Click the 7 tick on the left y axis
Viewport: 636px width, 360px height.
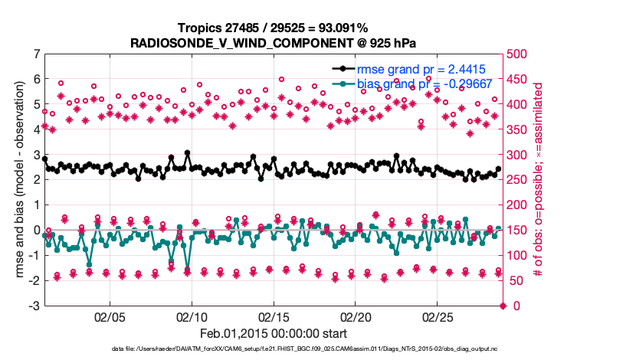coord(36,54)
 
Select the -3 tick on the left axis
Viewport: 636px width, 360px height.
coord(34,306)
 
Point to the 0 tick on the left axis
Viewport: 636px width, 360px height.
coord(36,231)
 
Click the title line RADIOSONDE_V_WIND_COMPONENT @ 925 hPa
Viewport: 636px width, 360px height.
coord(274,39)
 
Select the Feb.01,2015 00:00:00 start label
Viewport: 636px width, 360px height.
coord(274,333)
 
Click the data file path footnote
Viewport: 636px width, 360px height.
coord(274,349)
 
